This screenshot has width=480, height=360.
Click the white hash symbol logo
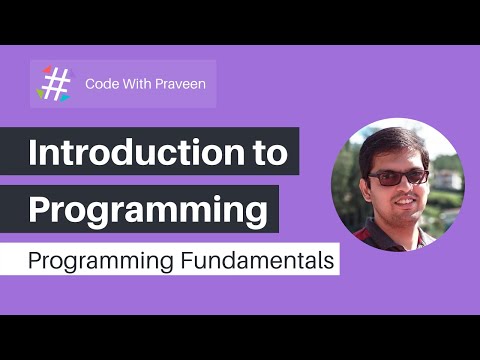click(57, 84)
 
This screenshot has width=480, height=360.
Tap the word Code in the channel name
click(103, 83)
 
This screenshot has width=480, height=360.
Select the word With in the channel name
click(138, 83)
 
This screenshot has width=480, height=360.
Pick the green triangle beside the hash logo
click(42, 94)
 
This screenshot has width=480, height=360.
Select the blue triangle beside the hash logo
click(65, 98)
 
